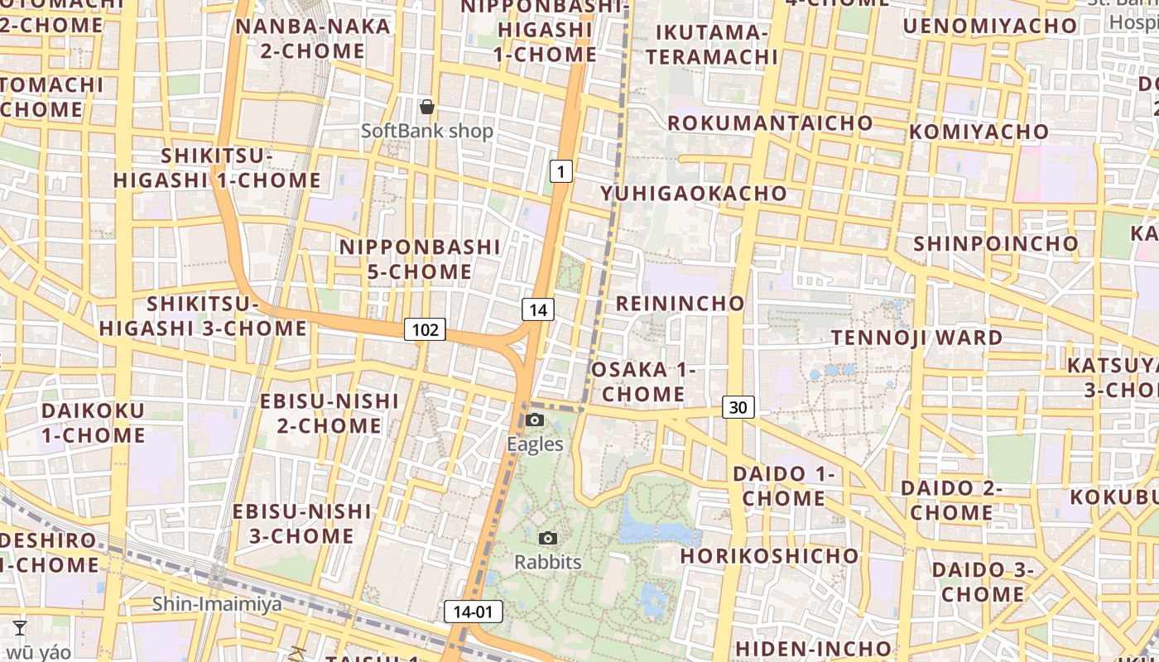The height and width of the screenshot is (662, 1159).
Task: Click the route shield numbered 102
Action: (x=426, y=330)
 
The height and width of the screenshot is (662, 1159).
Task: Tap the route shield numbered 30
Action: (x=738, y=406)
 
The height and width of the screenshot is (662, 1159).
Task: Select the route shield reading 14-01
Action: (x=474, y=612)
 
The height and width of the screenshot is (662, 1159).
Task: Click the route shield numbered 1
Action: (x=561, y=172)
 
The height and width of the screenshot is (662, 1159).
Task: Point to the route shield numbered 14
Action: (x=538, y=310)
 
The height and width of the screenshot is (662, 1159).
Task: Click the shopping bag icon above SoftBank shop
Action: (x=427, y=107)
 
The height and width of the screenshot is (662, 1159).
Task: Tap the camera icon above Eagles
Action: (x=535, y=420)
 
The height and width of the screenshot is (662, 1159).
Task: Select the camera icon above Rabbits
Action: (x=548, y=539)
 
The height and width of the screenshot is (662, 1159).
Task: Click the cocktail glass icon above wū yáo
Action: (x=20, y=628)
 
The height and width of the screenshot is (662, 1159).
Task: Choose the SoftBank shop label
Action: (x=427, y=131)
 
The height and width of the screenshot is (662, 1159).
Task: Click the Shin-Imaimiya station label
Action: (x=217, y=604)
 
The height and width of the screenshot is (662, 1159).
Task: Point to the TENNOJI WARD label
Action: (x=916, y=338)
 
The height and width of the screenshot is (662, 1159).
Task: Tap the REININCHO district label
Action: (x=680, y=303)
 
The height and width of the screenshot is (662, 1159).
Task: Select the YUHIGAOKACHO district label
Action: (x=694, y=193)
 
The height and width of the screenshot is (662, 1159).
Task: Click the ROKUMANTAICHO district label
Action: (x=770, y=122)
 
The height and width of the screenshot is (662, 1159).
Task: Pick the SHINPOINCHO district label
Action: (x=996, y=243)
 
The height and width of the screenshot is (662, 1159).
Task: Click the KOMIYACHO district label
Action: (x=979, y=132)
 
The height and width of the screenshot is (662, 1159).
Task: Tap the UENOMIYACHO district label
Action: (x=989, y=26)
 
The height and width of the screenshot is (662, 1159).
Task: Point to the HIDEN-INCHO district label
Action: (x=813, y=648)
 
